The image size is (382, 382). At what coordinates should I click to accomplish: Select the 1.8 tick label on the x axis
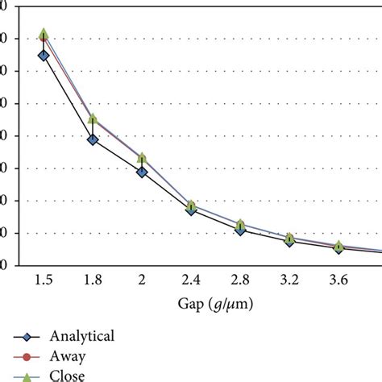pos(93,280)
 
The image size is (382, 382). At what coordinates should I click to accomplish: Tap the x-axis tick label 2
pos(142,280)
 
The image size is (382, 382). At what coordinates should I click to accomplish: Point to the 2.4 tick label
pos(191,280)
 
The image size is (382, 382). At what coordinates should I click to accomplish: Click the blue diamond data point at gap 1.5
pos(44,55)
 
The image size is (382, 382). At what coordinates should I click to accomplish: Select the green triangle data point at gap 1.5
pos(44,34)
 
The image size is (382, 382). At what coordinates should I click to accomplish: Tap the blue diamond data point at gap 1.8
pos(93,139)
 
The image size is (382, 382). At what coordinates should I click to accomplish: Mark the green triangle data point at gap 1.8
pos(93,118)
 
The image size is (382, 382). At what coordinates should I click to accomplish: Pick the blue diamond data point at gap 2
pos(142,172)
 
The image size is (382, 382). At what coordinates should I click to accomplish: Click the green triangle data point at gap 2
pos(142,157)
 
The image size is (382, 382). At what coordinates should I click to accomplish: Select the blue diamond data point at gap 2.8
pos(240,230)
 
